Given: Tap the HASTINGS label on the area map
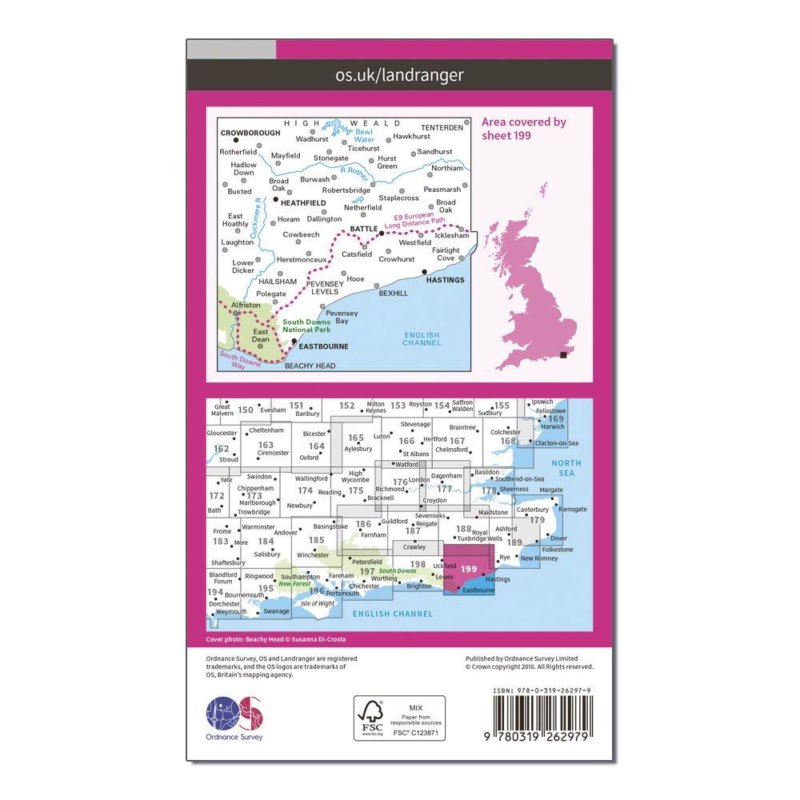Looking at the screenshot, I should click(444, 281).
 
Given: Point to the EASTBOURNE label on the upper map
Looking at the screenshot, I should click(322, 347).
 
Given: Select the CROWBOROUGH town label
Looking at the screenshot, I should click(250, 133).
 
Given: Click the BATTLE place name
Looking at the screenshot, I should click(364, 229).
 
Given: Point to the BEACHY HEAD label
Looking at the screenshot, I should click(310, 366).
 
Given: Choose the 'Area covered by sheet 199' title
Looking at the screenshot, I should click(524, 128).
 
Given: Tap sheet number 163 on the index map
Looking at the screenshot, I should click(266, 445).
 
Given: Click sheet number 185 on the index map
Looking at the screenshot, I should click(316, 540).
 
